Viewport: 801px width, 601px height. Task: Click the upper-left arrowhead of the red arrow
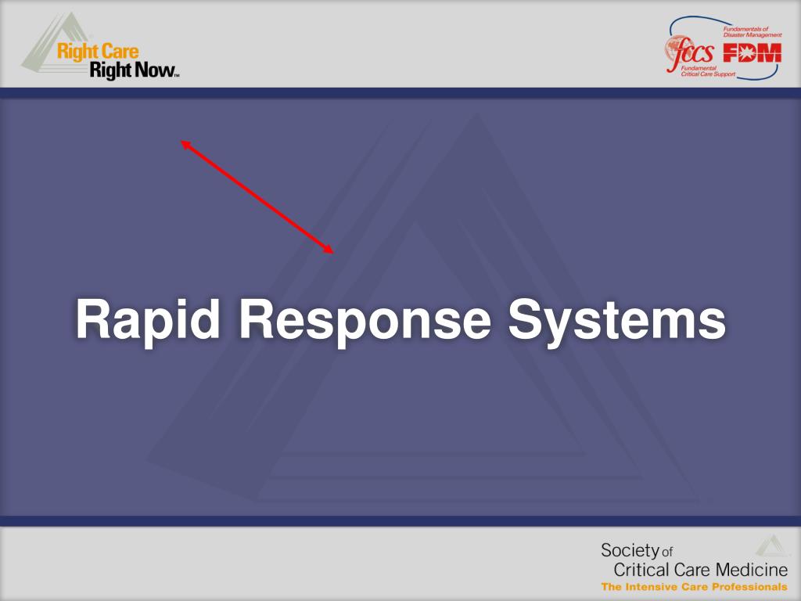[x=185, y=143]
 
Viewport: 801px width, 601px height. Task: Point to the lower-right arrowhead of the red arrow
[x=330, y=250]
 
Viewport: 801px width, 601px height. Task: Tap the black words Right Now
[x=133, y=71]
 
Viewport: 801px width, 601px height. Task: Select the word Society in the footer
[x=630, y=549]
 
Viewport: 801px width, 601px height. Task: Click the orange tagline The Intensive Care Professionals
[x=694, y=587]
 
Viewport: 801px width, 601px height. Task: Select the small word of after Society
[x=667, y=552]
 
